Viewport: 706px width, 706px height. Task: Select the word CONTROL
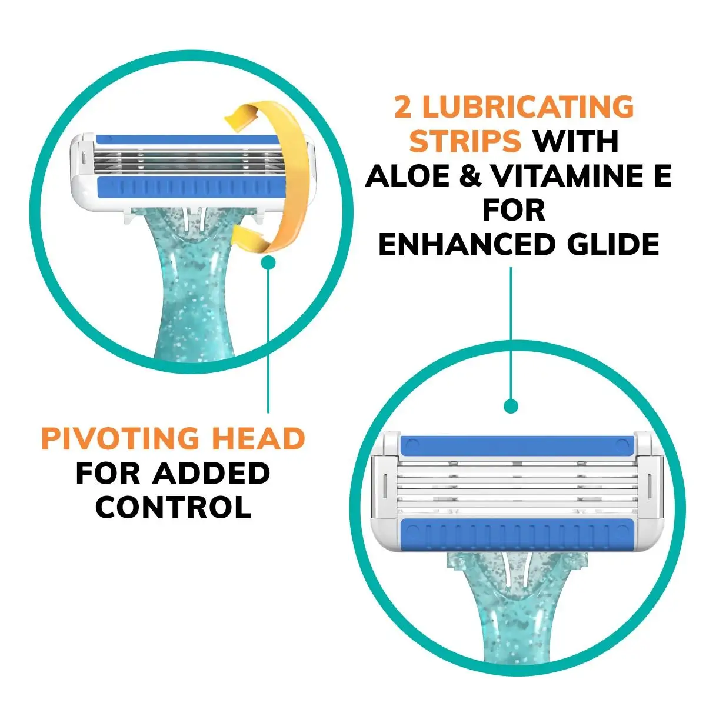tap(173, 507)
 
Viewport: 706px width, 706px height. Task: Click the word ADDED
tap(211, 473)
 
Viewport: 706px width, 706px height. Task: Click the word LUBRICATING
tap(528, 108)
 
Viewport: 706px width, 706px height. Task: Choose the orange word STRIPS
tap(465, 142)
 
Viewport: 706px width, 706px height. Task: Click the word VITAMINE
tap(565, 176)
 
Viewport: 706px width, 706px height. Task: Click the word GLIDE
tap(612, 245)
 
